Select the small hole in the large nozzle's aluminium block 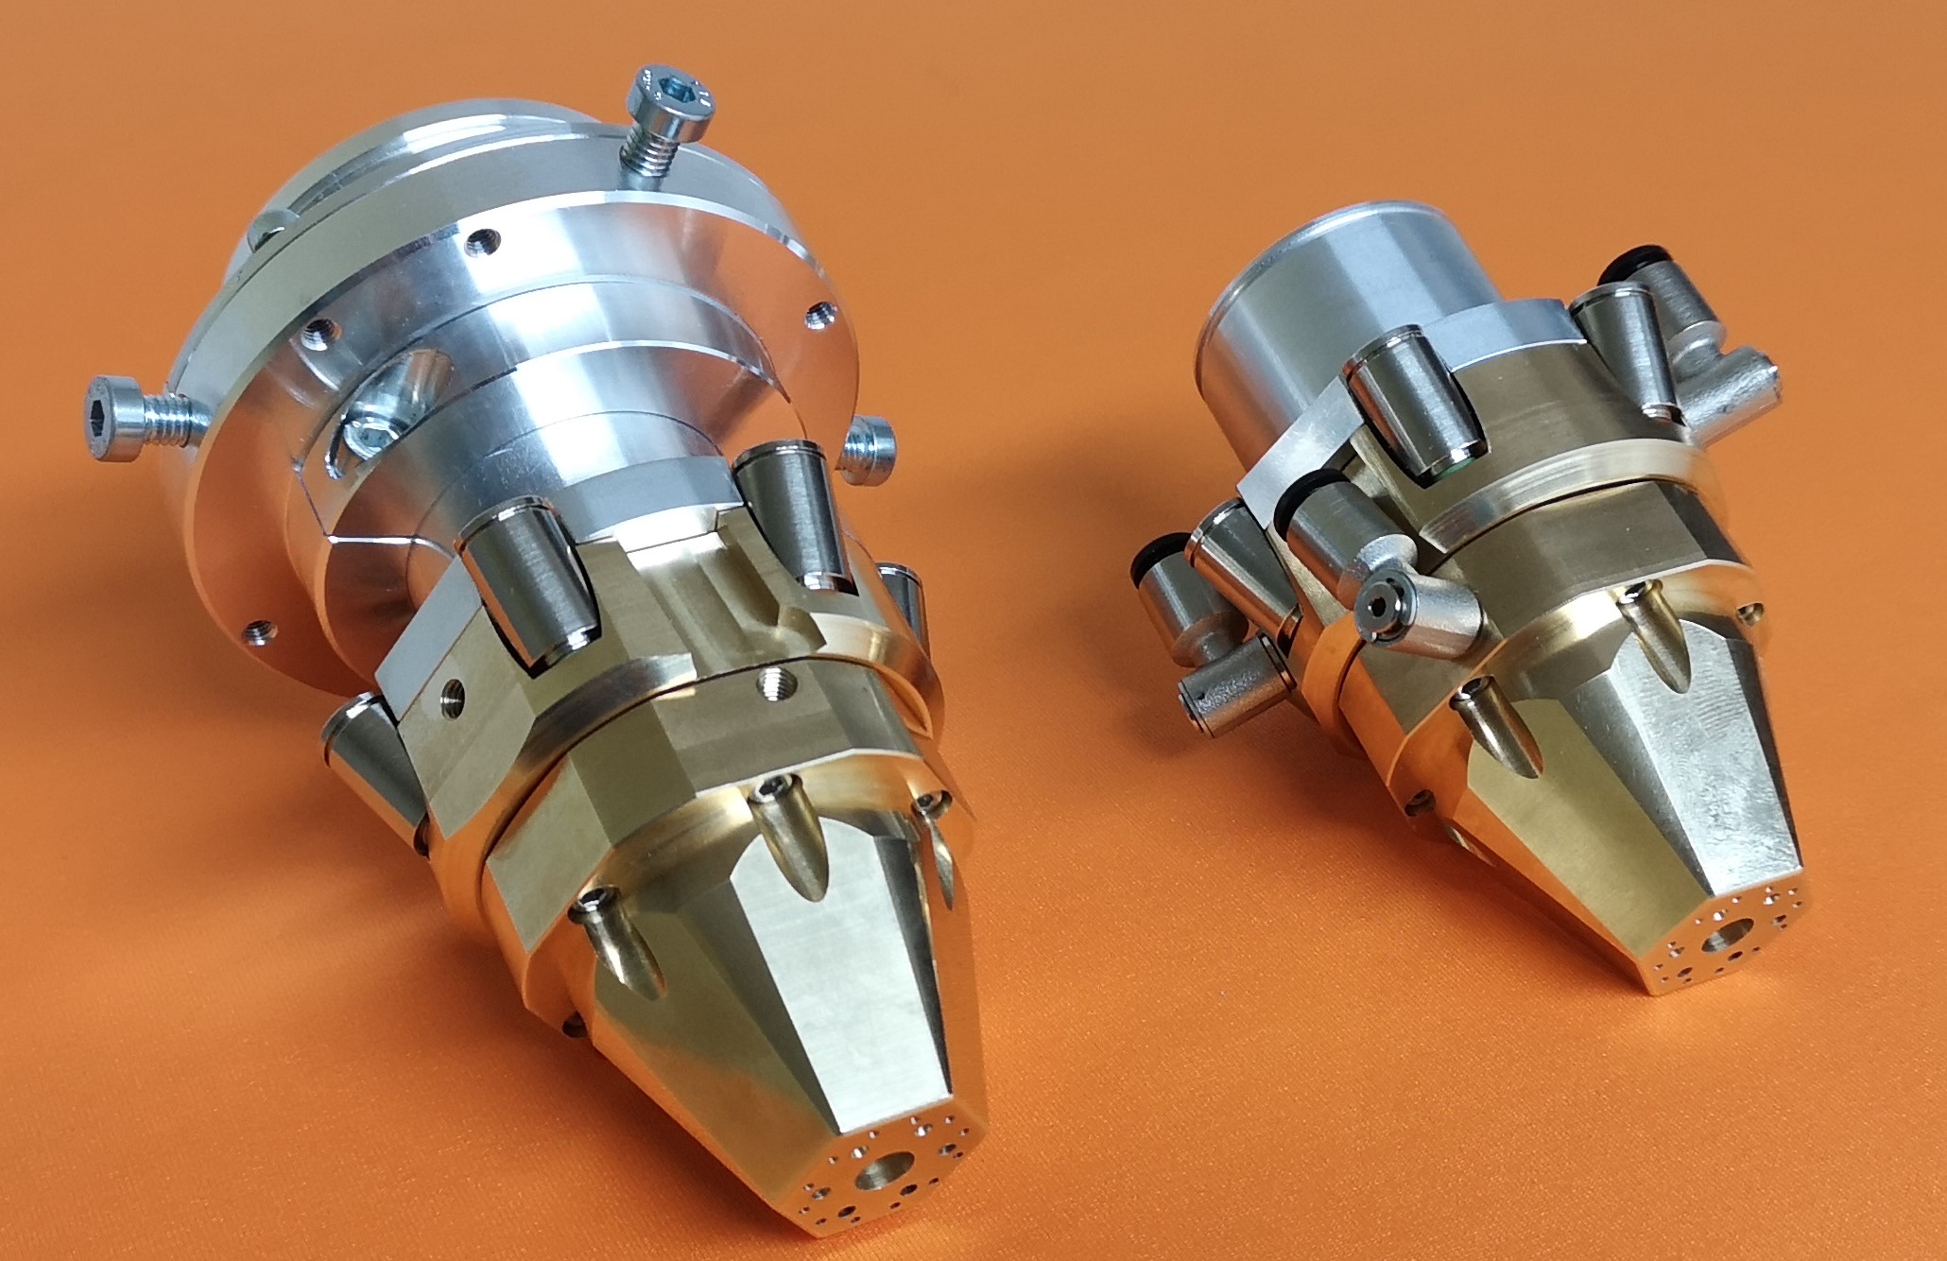(x=452, y=694)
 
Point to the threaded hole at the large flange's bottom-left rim (x=256, y=629)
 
